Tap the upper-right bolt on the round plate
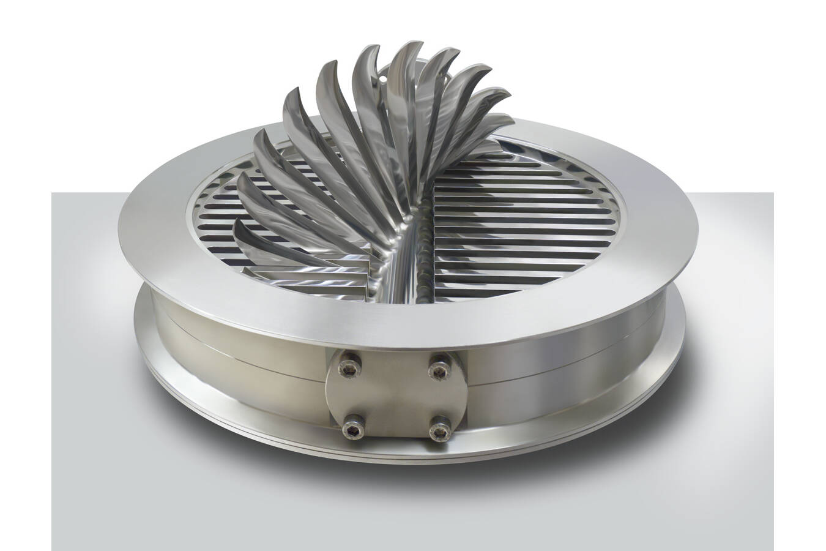(x=438, y=368)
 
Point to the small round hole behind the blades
(x=385, y=78)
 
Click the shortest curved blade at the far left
(x=240, y=224)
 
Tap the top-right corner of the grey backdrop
(x=772, y=193)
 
